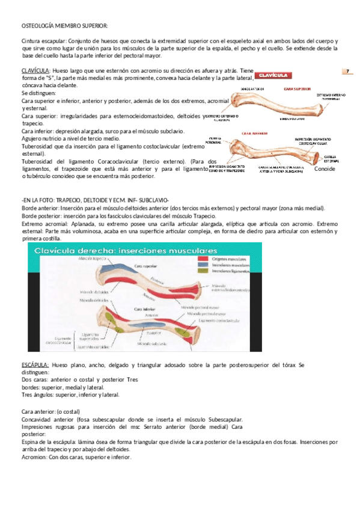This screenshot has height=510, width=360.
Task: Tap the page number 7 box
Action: (x=347, y=72)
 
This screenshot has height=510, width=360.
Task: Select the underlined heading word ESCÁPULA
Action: (x=34, y=365)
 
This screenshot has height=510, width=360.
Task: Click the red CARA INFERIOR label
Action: (x=254, y=134)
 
